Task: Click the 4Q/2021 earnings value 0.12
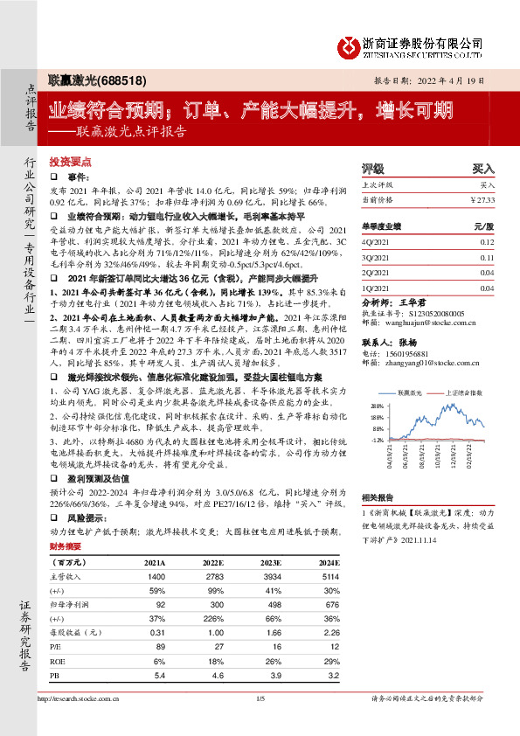click(x=488, y=241)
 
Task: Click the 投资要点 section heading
click(x=70, y=163)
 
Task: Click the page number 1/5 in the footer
click(x=260, y=698)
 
